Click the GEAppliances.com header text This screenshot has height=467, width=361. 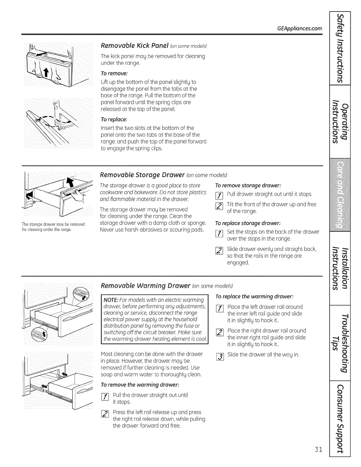coord(300,29)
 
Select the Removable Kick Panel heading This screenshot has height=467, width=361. coord(139,46)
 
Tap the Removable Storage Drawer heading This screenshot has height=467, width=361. coord(142,175)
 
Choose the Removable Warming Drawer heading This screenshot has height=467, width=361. coord(146,286)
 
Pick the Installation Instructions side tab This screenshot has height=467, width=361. coord(340,268)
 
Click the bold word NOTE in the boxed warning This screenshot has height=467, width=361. coord(110,300)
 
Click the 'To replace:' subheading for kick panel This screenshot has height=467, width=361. coord(114,119)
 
